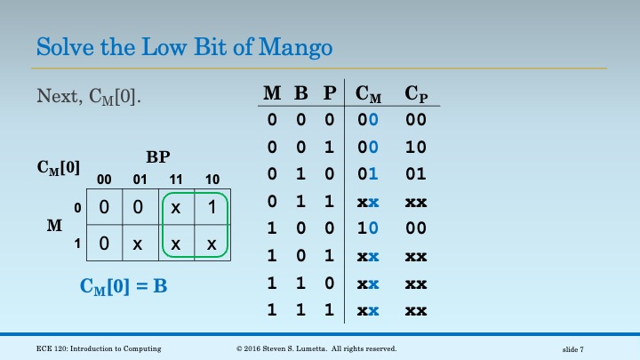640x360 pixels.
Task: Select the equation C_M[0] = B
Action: point(125,286)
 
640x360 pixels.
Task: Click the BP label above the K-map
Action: point(158,157)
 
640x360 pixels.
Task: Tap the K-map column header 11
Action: point(176,179)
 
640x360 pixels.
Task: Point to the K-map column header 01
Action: point(140,179)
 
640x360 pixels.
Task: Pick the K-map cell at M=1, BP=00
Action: point(103,243)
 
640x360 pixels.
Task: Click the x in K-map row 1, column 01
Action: point(140,243)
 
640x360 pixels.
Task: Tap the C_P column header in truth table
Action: point(415,93)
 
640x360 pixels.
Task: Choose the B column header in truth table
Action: point(301,93)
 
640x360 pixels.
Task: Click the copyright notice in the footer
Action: point(316,348)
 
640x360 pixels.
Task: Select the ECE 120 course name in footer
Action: point(107,348)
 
